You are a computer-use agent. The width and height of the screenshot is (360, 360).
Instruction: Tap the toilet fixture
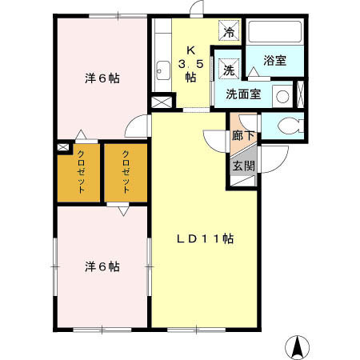[x=289, y=126]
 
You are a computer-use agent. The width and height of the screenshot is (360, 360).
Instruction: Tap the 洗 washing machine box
[x=230, y=68]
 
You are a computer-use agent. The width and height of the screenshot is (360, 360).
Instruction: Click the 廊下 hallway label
[x=243, y=135]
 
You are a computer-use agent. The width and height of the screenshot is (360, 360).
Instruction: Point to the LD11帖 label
[x=205, y=238]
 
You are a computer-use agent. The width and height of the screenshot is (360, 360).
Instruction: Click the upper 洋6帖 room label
[x=102, y=78]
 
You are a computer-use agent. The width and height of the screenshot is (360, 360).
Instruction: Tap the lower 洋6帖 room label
[x=102, y=266]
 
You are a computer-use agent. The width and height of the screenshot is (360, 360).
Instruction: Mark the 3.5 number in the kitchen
[x=190, y=63]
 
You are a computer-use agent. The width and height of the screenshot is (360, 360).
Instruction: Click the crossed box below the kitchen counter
[x=162, y=102]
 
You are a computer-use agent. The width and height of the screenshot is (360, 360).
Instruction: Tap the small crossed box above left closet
[x=62, y=148]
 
